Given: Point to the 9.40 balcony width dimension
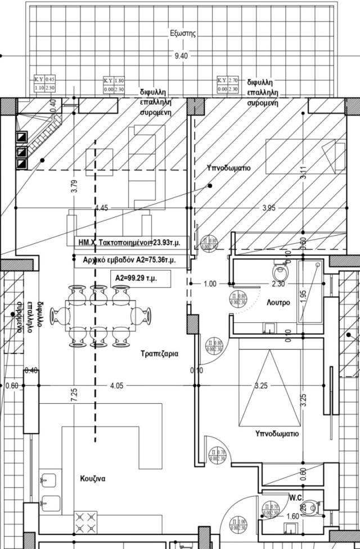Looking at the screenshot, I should tap(181, 56).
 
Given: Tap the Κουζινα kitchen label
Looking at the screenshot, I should tap(93, 479).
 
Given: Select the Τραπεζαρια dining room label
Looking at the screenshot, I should tap(159, 354).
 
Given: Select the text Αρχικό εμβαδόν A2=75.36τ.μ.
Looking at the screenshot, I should tap(125, 260).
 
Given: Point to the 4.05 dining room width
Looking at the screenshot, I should tap(116, 386).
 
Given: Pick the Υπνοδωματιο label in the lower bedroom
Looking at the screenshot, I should tap(277, 434).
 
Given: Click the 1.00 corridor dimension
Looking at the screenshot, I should tap(209, 284).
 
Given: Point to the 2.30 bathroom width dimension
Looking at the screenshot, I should tap(277, 284).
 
